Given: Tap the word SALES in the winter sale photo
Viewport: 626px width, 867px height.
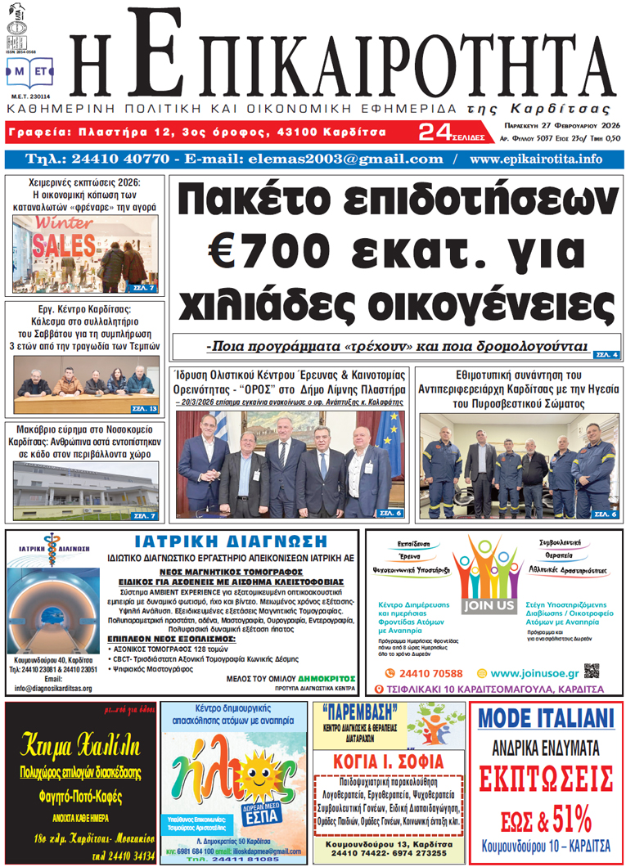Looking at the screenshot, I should (61, 246).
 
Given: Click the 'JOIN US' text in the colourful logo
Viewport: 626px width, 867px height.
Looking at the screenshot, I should (489, 606).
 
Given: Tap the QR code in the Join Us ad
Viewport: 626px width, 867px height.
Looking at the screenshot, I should (592, 672).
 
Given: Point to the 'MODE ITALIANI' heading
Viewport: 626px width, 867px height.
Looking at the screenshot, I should (546, 718).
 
